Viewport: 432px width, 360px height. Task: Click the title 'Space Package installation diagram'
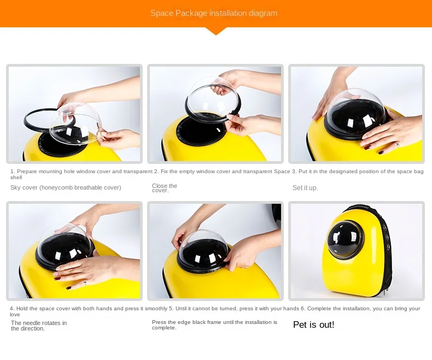(214, 13)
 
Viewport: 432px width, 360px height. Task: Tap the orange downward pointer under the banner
(216, 31)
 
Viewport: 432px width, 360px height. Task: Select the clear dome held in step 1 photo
(74, 124)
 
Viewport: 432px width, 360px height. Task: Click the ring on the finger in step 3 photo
(398, 144)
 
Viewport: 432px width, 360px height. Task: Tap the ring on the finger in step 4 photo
(85, 281)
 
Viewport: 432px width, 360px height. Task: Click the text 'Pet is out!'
(313, 325)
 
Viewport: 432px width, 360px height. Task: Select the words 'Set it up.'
(305, 188)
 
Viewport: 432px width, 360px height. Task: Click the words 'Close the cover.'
(165, 188)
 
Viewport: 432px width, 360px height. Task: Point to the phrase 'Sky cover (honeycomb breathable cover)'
(66, 187)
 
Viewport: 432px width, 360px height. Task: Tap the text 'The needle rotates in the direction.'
(39, 326)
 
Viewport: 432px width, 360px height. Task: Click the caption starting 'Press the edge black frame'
(214, 325)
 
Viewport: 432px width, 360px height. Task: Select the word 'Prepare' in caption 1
(27, 172)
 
